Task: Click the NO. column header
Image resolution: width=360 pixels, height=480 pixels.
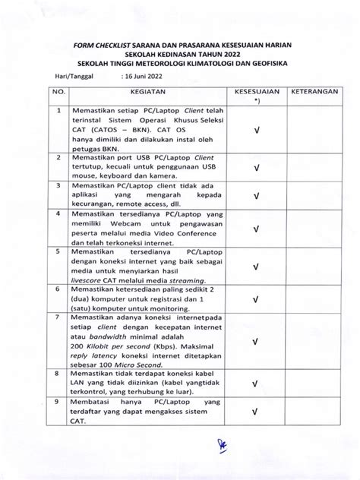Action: click(56, 90)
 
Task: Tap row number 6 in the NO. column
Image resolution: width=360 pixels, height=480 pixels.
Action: click(57, 290)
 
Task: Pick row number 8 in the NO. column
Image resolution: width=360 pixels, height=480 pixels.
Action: click(57, 374)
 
